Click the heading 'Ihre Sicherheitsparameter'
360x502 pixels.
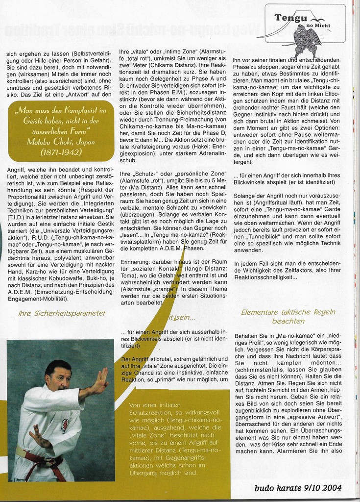point(62,313)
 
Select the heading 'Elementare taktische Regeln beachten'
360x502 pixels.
point(274,317)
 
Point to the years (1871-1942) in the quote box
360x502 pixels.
point(61,152)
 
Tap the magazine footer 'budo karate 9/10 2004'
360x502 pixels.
point(298,488)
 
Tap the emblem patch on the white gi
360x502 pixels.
point(65,425)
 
